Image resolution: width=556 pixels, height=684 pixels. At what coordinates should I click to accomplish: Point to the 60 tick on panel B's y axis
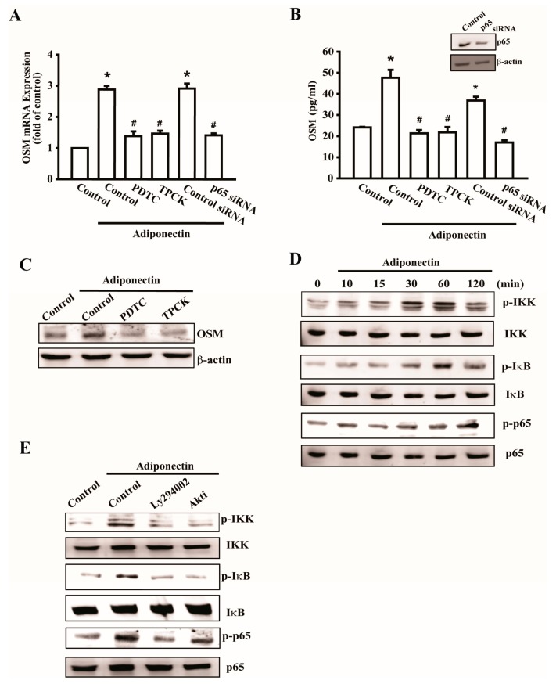pos(332,52)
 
